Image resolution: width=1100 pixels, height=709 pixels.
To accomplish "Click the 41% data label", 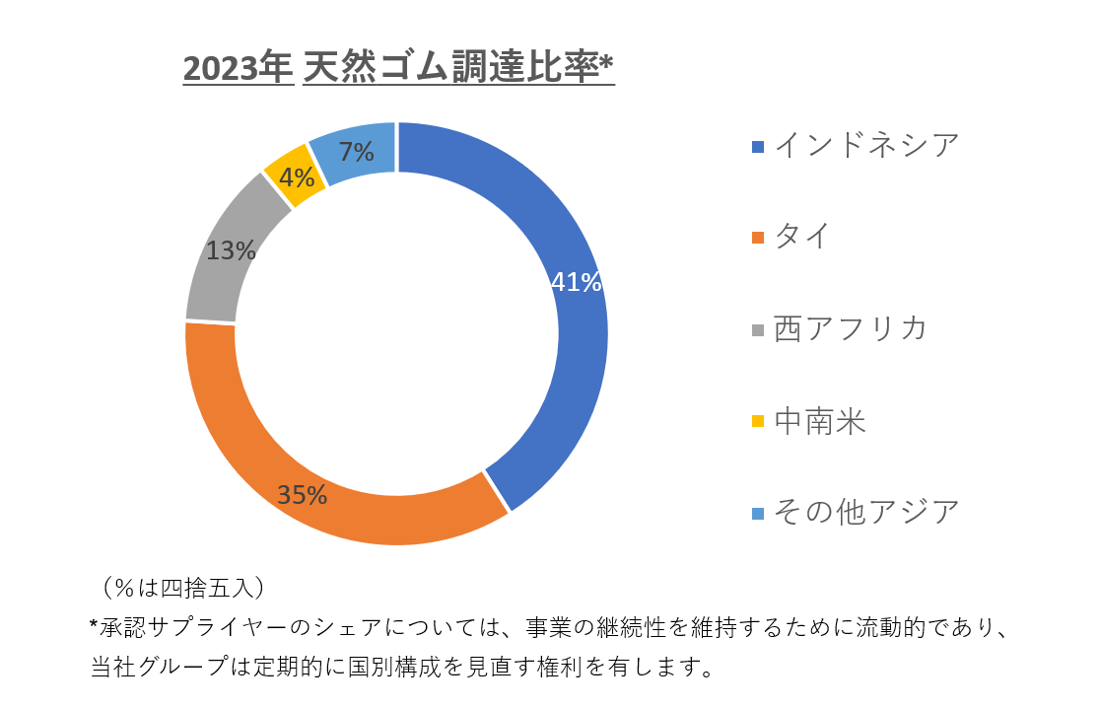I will point(576,283).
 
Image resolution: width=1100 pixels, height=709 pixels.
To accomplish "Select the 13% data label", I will point(231,250).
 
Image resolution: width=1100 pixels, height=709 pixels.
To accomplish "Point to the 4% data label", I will point(297,177).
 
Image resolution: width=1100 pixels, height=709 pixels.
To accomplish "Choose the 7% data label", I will point(356,152).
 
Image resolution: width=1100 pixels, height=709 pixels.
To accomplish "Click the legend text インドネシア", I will point(866,146).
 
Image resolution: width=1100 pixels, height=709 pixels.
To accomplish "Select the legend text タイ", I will point(802,237).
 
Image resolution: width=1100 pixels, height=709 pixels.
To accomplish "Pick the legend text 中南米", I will point(820,421).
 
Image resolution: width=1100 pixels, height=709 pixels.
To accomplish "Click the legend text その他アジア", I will point(866,512).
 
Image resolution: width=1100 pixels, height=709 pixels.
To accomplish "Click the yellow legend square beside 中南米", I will point(758,422).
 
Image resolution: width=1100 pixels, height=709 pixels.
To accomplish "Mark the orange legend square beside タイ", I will point(758,238).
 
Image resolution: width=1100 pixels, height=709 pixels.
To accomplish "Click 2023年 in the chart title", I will point(238,69).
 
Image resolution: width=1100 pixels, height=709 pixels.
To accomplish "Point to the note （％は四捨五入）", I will point(181,588).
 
